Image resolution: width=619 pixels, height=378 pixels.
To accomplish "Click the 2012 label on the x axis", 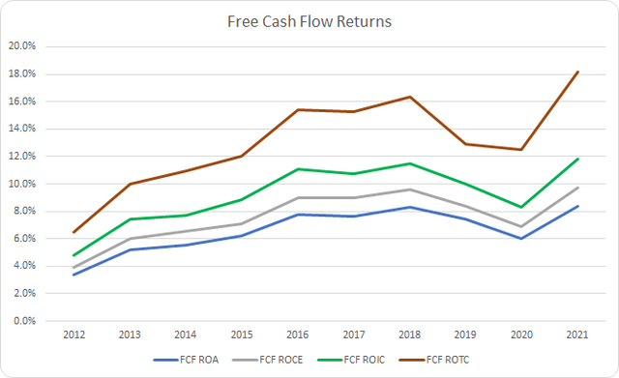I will [73, 335].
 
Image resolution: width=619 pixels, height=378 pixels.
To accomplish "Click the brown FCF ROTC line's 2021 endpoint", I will [579, 72].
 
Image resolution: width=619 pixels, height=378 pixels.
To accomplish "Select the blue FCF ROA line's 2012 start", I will [73, 275].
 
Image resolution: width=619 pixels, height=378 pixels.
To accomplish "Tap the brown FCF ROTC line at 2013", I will [129, 184].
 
